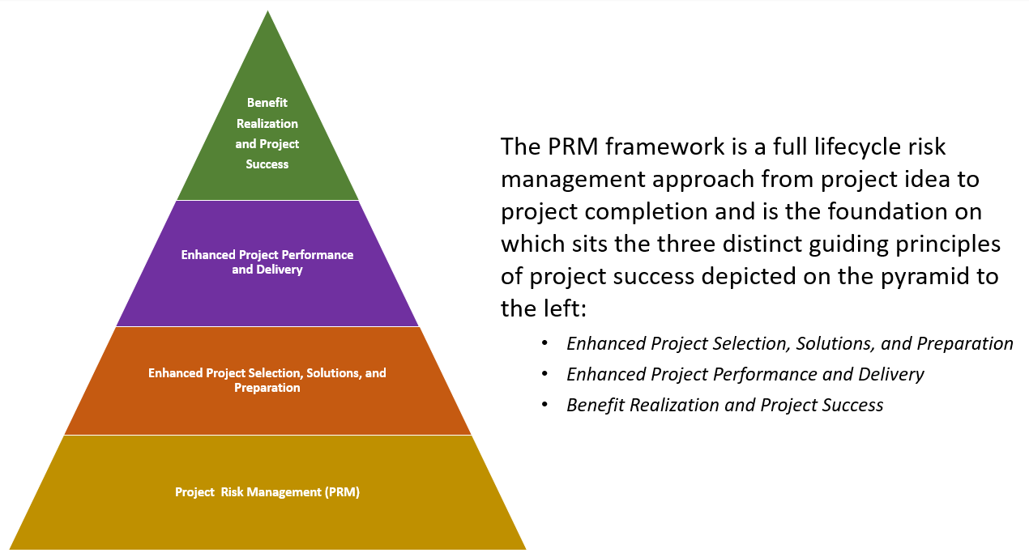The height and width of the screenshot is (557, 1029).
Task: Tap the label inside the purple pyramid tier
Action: [267, 261]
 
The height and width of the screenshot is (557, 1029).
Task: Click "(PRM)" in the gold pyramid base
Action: [343, 491]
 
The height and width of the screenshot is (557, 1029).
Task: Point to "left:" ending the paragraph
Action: [562, 308]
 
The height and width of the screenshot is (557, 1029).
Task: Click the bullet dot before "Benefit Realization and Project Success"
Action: [546, 405]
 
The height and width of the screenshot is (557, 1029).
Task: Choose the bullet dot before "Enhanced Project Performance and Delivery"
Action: [546, 374]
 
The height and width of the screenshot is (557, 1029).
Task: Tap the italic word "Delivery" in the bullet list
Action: [890, 374]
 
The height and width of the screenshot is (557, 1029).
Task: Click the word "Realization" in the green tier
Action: [267, 124]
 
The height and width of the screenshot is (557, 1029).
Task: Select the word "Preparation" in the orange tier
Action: [267, 388]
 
